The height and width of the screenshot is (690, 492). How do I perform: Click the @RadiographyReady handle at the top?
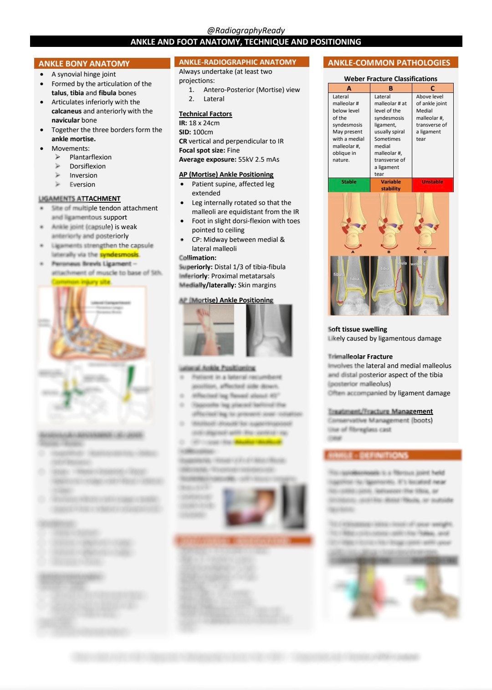point(246,31)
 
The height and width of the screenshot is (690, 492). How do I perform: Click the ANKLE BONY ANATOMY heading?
point(84,64)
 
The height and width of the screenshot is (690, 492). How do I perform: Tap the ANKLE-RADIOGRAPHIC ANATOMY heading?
point(237,62)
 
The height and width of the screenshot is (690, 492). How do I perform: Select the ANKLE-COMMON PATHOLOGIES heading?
point(389,63)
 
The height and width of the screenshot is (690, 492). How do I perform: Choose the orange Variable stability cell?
point(391,185)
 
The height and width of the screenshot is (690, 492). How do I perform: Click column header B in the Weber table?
point(390,88)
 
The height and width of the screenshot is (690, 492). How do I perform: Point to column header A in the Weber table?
point(348,88)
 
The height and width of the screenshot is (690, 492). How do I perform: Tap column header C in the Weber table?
point(432,88)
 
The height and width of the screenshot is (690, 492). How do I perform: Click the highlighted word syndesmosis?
point(119,255)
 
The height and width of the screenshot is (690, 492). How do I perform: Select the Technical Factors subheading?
point(205,114)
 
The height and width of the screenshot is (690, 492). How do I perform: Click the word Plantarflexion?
point(90,157)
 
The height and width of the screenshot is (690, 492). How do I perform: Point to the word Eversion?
point(82,184)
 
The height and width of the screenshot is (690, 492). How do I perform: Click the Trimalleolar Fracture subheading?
point(360,357)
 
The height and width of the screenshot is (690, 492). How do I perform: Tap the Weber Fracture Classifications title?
point(390,79)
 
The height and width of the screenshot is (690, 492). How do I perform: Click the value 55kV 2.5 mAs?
point(258,159)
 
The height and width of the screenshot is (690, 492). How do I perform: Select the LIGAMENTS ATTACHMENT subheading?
point(79,199)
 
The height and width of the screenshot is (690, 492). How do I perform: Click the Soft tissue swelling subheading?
point(357,329)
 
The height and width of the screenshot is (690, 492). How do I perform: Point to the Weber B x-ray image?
point(389,286)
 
